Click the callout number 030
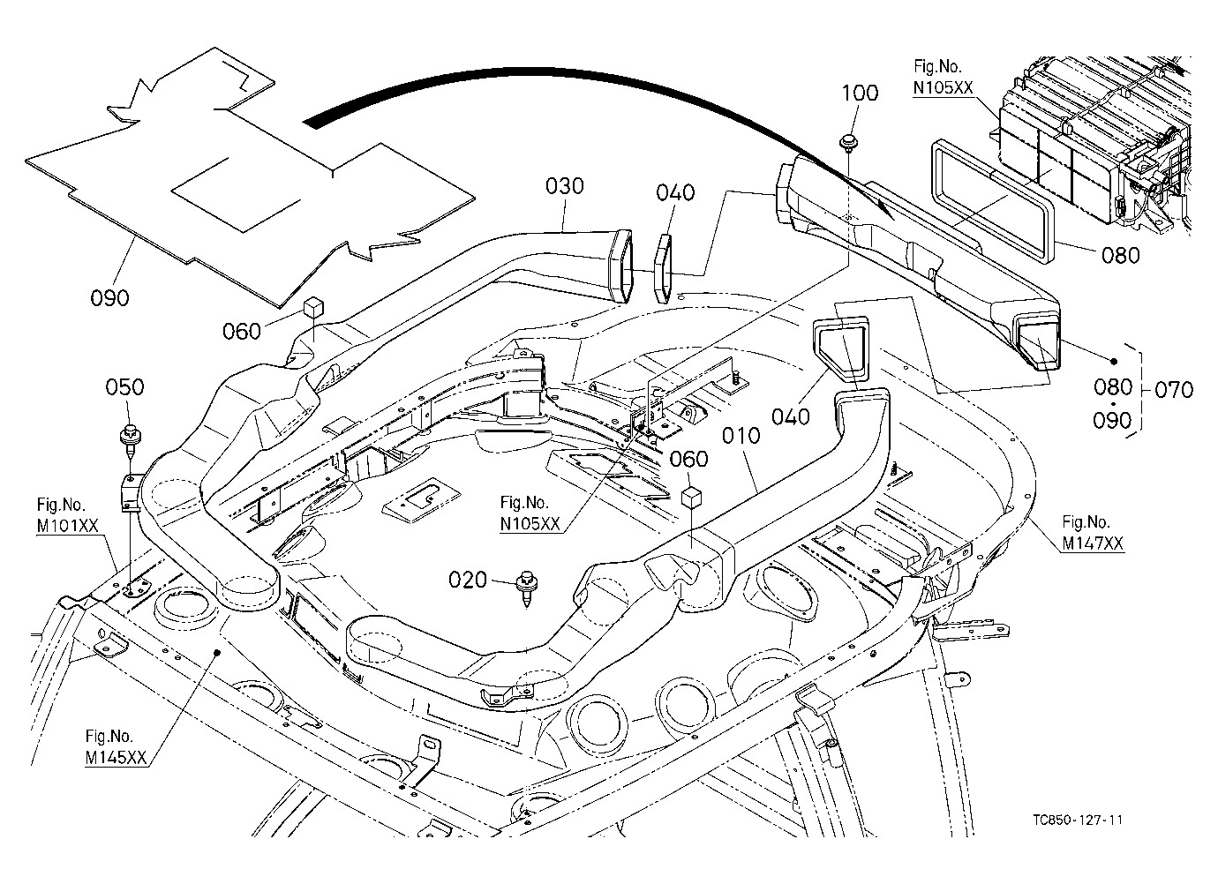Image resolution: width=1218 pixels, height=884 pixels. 564,186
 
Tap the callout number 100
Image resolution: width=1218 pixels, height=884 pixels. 860,93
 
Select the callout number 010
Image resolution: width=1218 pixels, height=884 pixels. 741,436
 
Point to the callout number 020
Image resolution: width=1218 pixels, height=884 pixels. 467,580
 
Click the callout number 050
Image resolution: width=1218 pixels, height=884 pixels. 124,387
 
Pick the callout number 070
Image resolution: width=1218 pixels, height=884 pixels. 1174,390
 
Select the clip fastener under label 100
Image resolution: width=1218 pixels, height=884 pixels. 847,143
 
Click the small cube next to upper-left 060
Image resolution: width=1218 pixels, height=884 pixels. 313,307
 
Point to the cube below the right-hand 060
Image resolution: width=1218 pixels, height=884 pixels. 691,498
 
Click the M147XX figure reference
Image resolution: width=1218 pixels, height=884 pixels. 1093,533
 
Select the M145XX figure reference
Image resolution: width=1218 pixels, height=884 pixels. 116,747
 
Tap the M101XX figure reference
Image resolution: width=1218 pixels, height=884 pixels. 67,515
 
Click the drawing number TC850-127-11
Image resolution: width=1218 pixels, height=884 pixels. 1078,820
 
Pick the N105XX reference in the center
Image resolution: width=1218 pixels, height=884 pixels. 530,513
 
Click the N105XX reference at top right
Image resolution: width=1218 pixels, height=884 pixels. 943,78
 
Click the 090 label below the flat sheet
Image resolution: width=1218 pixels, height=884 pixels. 109,298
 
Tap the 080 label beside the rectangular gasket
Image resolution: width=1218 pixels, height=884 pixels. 1121,255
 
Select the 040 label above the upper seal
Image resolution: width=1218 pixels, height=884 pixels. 675,192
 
